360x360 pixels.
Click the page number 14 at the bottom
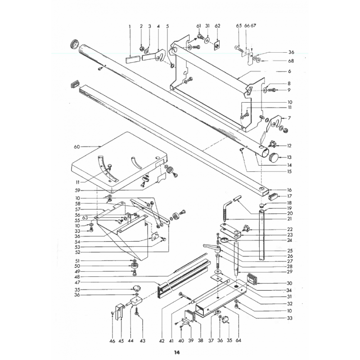point(176,352)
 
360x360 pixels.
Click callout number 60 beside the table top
point(76,147)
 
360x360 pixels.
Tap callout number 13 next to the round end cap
point(289,157)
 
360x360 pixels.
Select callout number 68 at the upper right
point(291,61)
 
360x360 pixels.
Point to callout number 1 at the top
point(130,26)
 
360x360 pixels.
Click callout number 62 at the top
point(217,26)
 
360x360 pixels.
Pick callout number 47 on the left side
point(77,283)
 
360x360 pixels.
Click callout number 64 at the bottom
point(238,340)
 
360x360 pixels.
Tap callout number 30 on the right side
point(289,283)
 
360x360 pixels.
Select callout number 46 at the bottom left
point(112,341)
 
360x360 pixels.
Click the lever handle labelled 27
point(211,247)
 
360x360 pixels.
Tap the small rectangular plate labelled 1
point(133,58)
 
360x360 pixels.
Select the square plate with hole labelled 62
point(217,45)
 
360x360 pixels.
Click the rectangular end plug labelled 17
point(273,197)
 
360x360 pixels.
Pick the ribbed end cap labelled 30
point(252,279)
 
